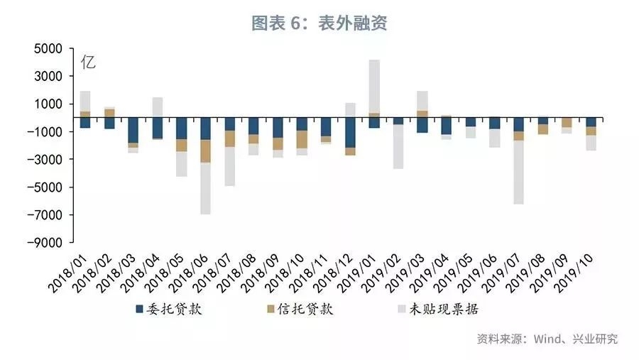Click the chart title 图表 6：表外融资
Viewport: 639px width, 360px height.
(319, 23)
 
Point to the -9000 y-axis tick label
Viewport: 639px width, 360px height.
(45, 243)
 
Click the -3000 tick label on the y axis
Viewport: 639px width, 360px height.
(45, 160)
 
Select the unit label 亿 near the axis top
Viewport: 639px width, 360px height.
(88, 62)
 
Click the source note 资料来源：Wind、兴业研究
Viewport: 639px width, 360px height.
(547, 339)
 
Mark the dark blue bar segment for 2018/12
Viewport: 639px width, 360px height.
(350, 133)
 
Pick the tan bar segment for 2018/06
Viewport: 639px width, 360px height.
(205, 151)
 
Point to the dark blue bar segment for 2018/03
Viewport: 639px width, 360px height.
(133, 130)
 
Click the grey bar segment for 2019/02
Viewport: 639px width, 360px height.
(398, 146)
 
